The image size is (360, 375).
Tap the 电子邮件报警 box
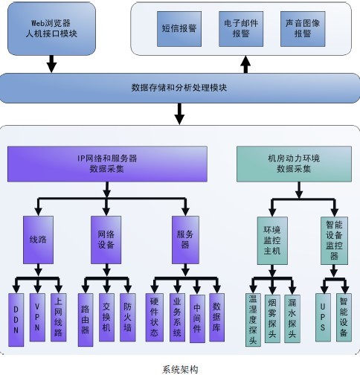coord(239,29)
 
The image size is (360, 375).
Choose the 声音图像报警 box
coord(302,29)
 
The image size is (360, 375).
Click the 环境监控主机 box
coord(271,240)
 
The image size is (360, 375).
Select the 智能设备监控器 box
coord(332,240)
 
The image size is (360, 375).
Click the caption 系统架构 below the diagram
coord(179,368)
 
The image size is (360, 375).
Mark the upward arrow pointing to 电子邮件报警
coord(246,65)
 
